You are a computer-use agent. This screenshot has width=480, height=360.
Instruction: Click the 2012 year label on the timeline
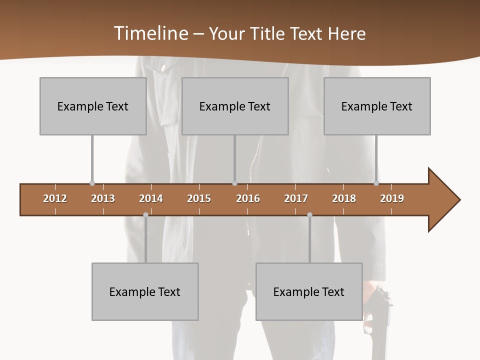pyautogui.click(x=55, y=198)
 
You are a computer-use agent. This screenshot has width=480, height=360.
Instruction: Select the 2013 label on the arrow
pyautogui.click(x=103, y=198)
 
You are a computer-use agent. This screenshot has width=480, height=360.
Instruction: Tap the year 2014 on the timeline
pyautogui.click(x=151, y=198)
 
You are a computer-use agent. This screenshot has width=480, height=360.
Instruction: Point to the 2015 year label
pyautogui.click(x=199, y=198)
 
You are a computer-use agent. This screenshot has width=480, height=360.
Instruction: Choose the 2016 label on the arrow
pyautogui.click(x=248, y=198)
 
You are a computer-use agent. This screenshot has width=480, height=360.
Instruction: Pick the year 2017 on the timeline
pyautogui.click(x=296, y=198)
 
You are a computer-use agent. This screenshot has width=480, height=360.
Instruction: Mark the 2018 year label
pyautogui.click(x=344, y=198)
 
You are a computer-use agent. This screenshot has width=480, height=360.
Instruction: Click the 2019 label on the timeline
pyautogui.click(x=392, y=198)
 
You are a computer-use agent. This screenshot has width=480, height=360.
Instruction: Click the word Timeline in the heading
pyautogui.click(x=150, y=33)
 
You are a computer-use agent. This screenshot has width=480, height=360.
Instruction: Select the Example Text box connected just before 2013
pyautogui.click(x=93, y=106)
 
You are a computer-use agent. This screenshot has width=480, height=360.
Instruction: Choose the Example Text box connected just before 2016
pyautogui.click(x=235, y=106)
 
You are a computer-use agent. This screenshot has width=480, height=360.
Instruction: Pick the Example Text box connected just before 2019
pyautogui.click(x=377, y=106)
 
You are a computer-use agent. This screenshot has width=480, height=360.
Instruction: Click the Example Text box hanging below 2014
pyautogui.click(x=145, y=291)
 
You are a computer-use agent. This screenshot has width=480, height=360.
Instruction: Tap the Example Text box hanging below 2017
pyautogui.click(x=309, y=291)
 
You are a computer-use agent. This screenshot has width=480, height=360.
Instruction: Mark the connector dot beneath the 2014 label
pyautogui.click(x=145, y=214)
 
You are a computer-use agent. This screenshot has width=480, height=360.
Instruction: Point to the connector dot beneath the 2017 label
pyautogui.click(x=309, y=214)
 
